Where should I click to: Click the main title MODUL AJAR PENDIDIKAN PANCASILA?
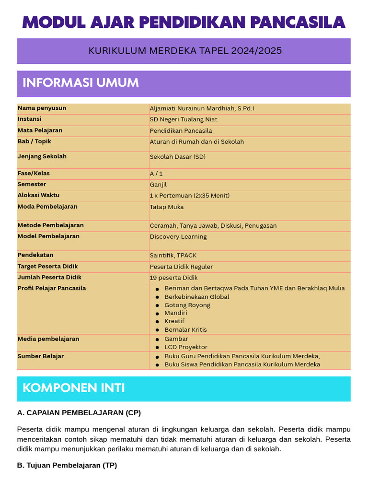point(184,22)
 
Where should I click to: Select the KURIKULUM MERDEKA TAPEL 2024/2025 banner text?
point(185,51)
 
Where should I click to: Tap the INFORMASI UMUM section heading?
point(80,82)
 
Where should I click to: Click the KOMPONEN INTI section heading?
point(74,388)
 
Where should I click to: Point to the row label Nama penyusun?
point(42,108)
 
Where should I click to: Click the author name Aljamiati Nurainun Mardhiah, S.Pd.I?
point(202,109)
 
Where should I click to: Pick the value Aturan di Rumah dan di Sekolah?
point(196,142)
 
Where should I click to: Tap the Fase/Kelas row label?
point(34,174)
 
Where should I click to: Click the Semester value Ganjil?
point(158,185)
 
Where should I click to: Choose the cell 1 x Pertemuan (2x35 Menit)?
point(189,196)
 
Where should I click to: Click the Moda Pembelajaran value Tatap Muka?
point(166,207)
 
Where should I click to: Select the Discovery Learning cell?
point(178,237)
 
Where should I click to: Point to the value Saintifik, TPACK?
point(173,256)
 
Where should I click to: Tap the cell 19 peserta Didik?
point(173,278)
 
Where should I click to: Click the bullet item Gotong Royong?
point(187,305)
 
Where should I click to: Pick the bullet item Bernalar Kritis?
point(185,330)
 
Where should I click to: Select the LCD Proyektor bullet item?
point(186,347)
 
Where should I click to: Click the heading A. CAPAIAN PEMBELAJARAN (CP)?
point(79,413)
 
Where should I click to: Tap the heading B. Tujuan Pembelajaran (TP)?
point(67,465)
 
